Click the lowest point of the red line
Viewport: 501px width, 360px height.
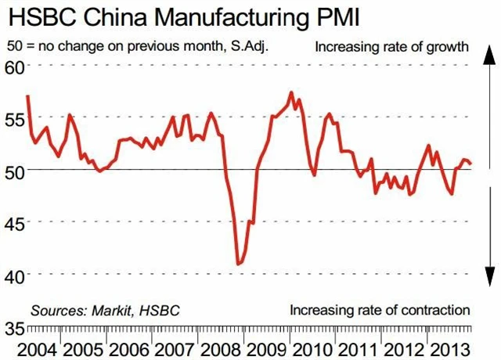(x=238, y=265)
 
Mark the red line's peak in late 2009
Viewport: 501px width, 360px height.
(x=291, y=93)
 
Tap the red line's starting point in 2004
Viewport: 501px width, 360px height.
(x=28, y=96)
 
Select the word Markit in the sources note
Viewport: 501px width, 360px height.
(x=110, y=310)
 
